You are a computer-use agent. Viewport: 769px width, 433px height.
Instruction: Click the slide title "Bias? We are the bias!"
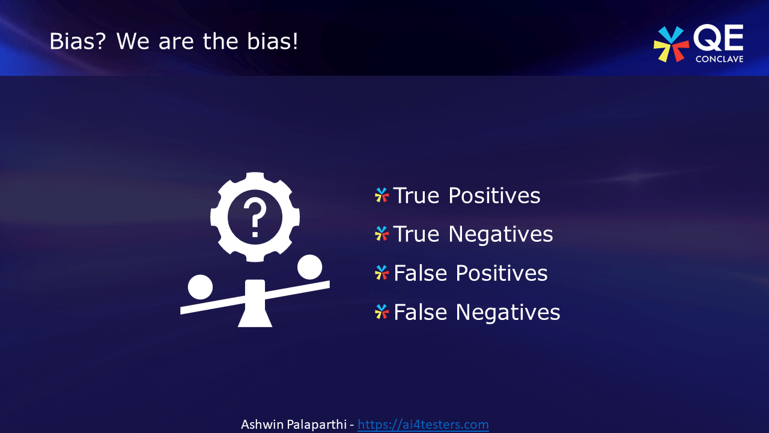[174, 41]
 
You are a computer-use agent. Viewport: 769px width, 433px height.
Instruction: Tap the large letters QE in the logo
[719, 39]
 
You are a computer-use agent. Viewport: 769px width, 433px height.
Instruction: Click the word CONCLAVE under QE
[719, 59]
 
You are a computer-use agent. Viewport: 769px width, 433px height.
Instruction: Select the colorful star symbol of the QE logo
[671, 44]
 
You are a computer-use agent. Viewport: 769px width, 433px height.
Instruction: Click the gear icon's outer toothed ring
[255, 179]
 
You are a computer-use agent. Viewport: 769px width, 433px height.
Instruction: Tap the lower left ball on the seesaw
[200, 287]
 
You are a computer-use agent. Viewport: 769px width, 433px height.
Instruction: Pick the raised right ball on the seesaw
[309, 267]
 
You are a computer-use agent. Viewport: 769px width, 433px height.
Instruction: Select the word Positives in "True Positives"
[494, 195]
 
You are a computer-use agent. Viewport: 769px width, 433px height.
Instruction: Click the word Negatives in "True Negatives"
[500, 234]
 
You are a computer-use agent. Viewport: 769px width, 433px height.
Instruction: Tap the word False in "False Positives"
[421, 273]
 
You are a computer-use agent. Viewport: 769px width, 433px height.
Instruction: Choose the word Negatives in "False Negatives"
[508, 312]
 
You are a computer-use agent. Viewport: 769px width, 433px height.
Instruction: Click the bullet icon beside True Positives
[381, 195]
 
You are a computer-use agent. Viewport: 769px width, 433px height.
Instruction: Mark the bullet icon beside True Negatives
[381, 234]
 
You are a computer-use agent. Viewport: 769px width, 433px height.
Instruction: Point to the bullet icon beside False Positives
[381, 273]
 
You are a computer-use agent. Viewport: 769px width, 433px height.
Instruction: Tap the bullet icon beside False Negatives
[381, 312]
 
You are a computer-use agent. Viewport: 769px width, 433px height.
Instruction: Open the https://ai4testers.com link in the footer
[423, 425]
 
